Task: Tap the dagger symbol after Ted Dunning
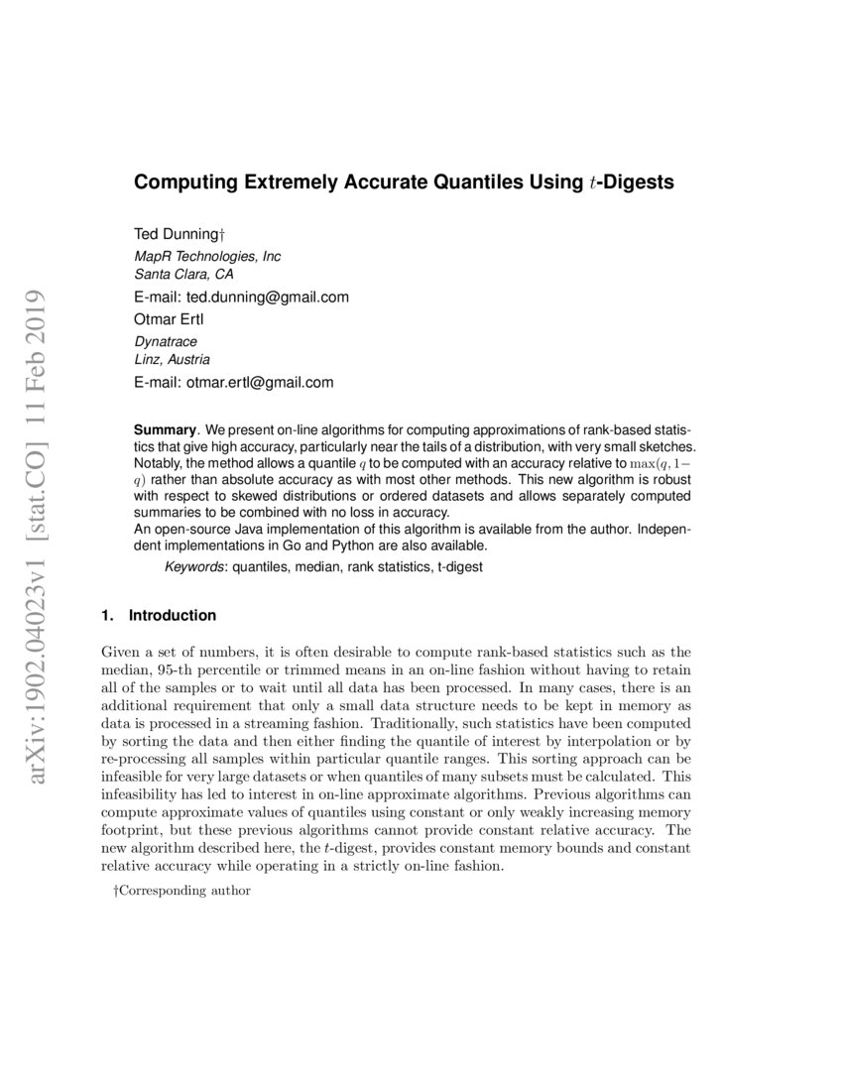222,234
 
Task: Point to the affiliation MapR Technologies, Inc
207,256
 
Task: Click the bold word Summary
165,430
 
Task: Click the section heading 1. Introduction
159,615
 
